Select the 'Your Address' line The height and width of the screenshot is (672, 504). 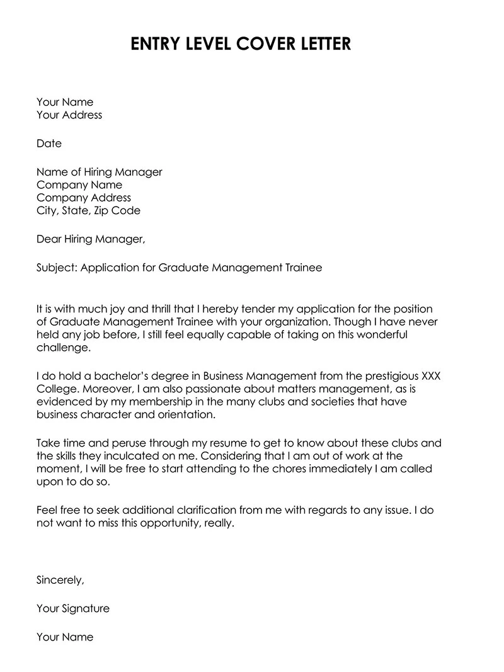point(69,115)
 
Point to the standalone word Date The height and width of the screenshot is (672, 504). point(49,144)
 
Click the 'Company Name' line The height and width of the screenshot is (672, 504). point(79,185)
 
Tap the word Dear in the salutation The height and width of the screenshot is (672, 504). point(49,239)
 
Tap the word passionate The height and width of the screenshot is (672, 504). point(204,389)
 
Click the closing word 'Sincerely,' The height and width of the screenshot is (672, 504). point(60,580)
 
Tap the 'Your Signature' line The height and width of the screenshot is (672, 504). point(73,608)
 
